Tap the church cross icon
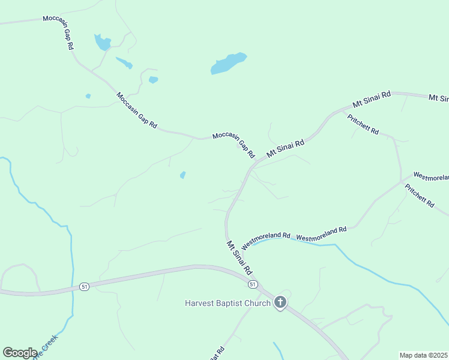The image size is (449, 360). click(280, 302)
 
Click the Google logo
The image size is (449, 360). click(20, 353)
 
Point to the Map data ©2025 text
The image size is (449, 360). click(424, 355)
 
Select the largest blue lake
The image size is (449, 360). click(228, 63)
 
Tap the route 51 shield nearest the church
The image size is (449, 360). click(253, 283)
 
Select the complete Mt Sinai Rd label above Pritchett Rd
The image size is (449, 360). click(372, 99)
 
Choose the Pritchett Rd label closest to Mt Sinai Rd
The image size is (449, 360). click(363, 124)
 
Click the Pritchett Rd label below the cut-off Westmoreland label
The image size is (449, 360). click(419, 196)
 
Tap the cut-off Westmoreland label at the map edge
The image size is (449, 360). click(431, 178)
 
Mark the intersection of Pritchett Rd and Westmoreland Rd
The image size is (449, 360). click(401, 181)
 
